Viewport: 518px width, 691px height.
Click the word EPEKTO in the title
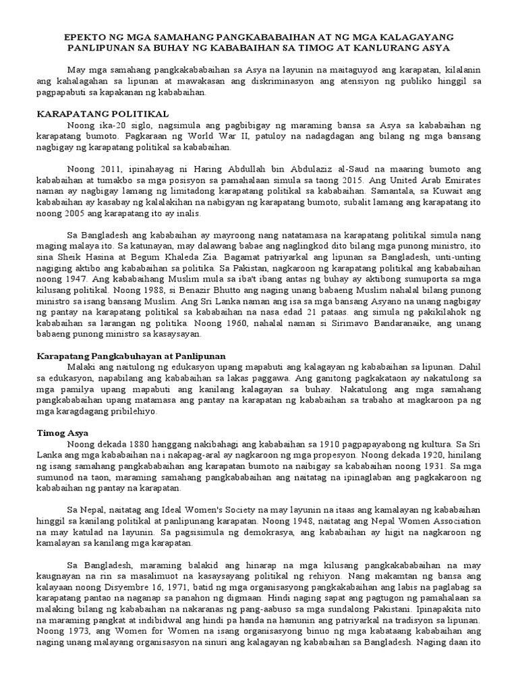coord(80,36)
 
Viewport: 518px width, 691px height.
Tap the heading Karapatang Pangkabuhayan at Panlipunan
coord(130,355)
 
